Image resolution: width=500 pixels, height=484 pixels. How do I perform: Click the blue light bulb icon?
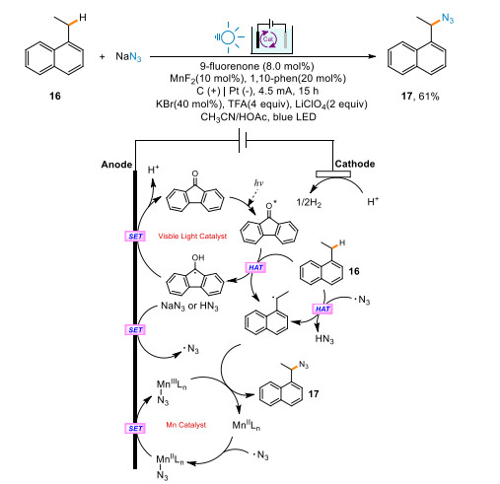click(228, 37)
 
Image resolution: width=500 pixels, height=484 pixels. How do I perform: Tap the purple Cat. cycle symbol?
click(268, 39)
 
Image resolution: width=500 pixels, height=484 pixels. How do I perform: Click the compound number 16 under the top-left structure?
click(55, 96)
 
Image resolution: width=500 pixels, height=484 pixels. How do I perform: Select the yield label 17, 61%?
click(420, 97)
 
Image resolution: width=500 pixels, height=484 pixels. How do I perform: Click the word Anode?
click(116, 165)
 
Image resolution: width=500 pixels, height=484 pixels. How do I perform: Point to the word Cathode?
click(355, 164)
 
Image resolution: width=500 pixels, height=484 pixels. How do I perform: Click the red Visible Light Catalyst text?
click(192, 236)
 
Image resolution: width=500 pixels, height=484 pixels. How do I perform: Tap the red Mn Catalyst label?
click(186, 425)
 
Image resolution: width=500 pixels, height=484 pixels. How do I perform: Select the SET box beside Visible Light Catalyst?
click(135, 237)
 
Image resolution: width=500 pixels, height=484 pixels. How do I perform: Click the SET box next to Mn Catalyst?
click(135, 428)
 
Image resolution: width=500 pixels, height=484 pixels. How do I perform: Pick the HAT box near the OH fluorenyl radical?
click(255, 267)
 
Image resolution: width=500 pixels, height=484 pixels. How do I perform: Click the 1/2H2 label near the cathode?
click(309, 202)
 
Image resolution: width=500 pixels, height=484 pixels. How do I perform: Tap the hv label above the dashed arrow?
click(258, 183)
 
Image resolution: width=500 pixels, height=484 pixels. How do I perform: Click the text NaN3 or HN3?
click(189, 307)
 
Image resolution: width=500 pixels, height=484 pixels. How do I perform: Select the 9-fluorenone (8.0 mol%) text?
click(257, 66)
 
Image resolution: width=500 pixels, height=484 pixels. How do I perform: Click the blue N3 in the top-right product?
click(448, 18)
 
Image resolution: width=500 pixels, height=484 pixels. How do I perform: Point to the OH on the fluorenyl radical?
click(198, 257)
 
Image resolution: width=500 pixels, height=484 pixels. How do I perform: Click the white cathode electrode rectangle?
click(333, 173)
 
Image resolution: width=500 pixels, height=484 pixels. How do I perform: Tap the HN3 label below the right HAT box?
click(324, 338)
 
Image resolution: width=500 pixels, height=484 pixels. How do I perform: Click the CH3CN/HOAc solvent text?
click(233, 117)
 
